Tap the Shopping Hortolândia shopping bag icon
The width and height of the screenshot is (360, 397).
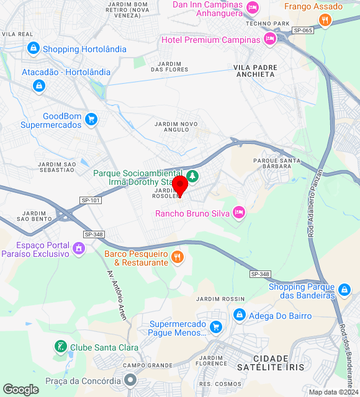(34, 48)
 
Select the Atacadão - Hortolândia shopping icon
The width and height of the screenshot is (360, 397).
(39, 86)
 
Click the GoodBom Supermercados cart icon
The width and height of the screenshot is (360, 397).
(91, 118)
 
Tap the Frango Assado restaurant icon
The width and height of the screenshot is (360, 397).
(325, 20)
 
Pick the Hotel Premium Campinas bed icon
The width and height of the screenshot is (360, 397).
(269, 39)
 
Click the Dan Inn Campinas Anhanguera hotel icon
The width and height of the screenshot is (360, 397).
(252, 7)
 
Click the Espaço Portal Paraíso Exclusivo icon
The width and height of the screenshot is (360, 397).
(79, 249)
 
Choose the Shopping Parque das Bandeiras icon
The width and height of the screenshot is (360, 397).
(344, 290)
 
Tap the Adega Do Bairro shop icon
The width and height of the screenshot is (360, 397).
(238, 316)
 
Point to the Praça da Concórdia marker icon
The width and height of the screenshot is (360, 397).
(130, 380)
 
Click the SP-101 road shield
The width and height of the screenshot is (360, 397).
(91, 200)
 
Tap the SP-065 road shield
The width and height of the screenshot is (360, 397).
(302, 30)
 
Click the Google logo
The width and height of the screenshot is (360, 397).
(20, 390)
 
